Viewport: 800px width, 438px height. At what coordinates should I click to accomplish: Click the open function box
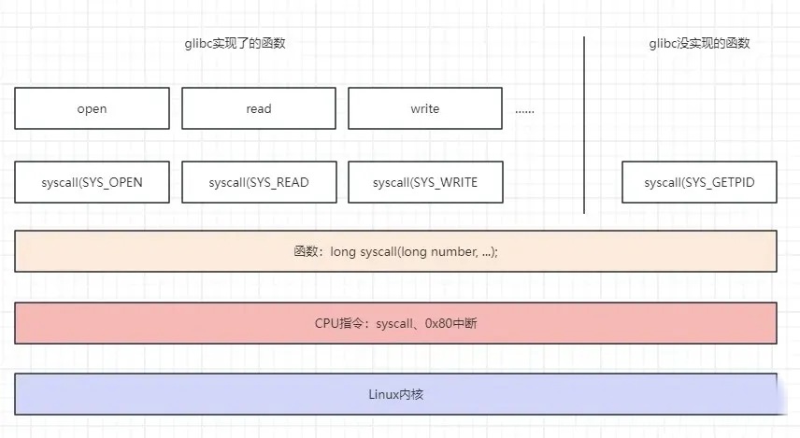[x=92, y=108]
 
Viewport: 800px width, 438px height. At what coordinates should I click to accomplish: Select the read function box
[x=259, y=108]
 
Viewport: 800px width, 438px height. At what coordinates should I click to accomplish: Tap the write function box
[x=425, y=108]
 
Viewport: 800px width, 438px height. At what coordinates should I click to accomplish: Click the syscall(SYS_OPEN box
[x=92, y=182]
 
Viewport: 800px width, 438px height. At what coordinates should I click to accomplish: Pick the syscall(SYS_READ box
[x=259, y=182]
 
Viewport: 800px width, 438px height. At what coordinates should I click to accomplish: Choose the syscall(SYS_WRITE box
[x=425, y=182]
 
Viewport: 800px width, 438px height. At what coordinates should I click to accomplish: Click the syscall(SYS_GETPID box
[x=699, y=182]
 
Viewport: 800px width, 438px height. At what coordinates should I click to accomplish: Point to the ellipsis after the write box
[x=524, y=111]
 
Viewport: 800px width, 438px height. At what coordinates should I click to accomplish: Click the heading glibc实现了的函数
[x=235, y=43]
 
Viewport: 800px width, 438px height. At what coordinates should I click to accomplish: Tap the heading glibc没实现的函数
[x=699, y=43]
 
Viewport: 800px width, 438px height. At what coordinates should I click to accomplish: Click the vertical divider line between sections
[x=584, y=125]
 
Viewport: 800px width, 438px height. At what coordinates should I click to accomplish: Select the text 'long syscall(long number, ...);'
[x=414, y=251]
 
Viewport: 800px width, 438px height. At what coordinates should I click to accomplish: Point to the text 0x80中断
[x=451, y=323]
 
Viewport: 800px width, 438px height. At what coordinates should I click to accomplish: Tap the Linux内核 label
[x=396, y=394]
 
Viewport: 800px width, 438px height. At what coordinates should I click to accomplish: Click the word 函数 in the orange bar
[x=306, y=251]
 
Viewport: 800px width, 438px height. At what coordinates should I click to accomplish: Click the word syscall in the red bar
[x=394, y=323]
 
